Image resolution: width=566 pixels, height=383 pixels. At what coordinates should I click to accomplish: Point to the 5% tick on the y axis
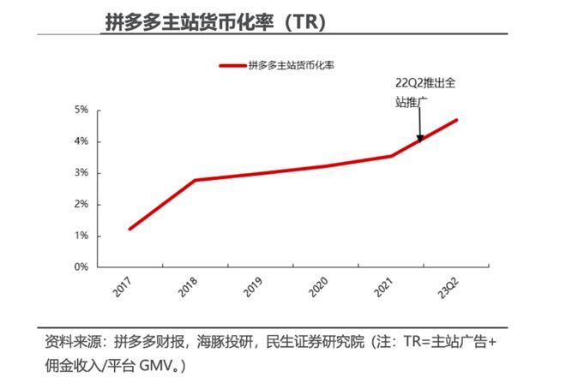81,110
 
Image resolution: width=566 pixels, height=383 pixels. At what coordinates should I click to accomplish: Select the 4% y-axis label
81,141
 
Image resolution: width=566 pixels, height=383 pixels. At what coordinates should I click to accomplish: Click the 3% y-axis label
81,173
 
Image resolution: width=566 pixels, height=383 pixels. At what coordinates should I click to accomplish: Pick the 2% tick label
81,204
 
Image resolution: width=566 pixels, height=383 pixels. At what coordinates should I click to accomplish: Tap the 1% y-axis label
81,236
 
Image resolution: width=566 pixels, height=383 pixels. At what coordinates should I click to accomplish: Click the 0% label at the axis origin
81,266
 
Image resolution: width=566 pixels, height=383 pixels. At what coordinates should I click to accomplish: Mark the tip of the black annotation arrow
420,140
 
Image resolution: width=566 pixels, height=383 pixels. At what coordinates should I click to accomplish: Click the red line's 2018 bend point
196,180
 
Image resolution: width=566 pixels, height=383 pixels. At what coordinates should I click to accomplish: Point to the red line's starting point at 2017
129,229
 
